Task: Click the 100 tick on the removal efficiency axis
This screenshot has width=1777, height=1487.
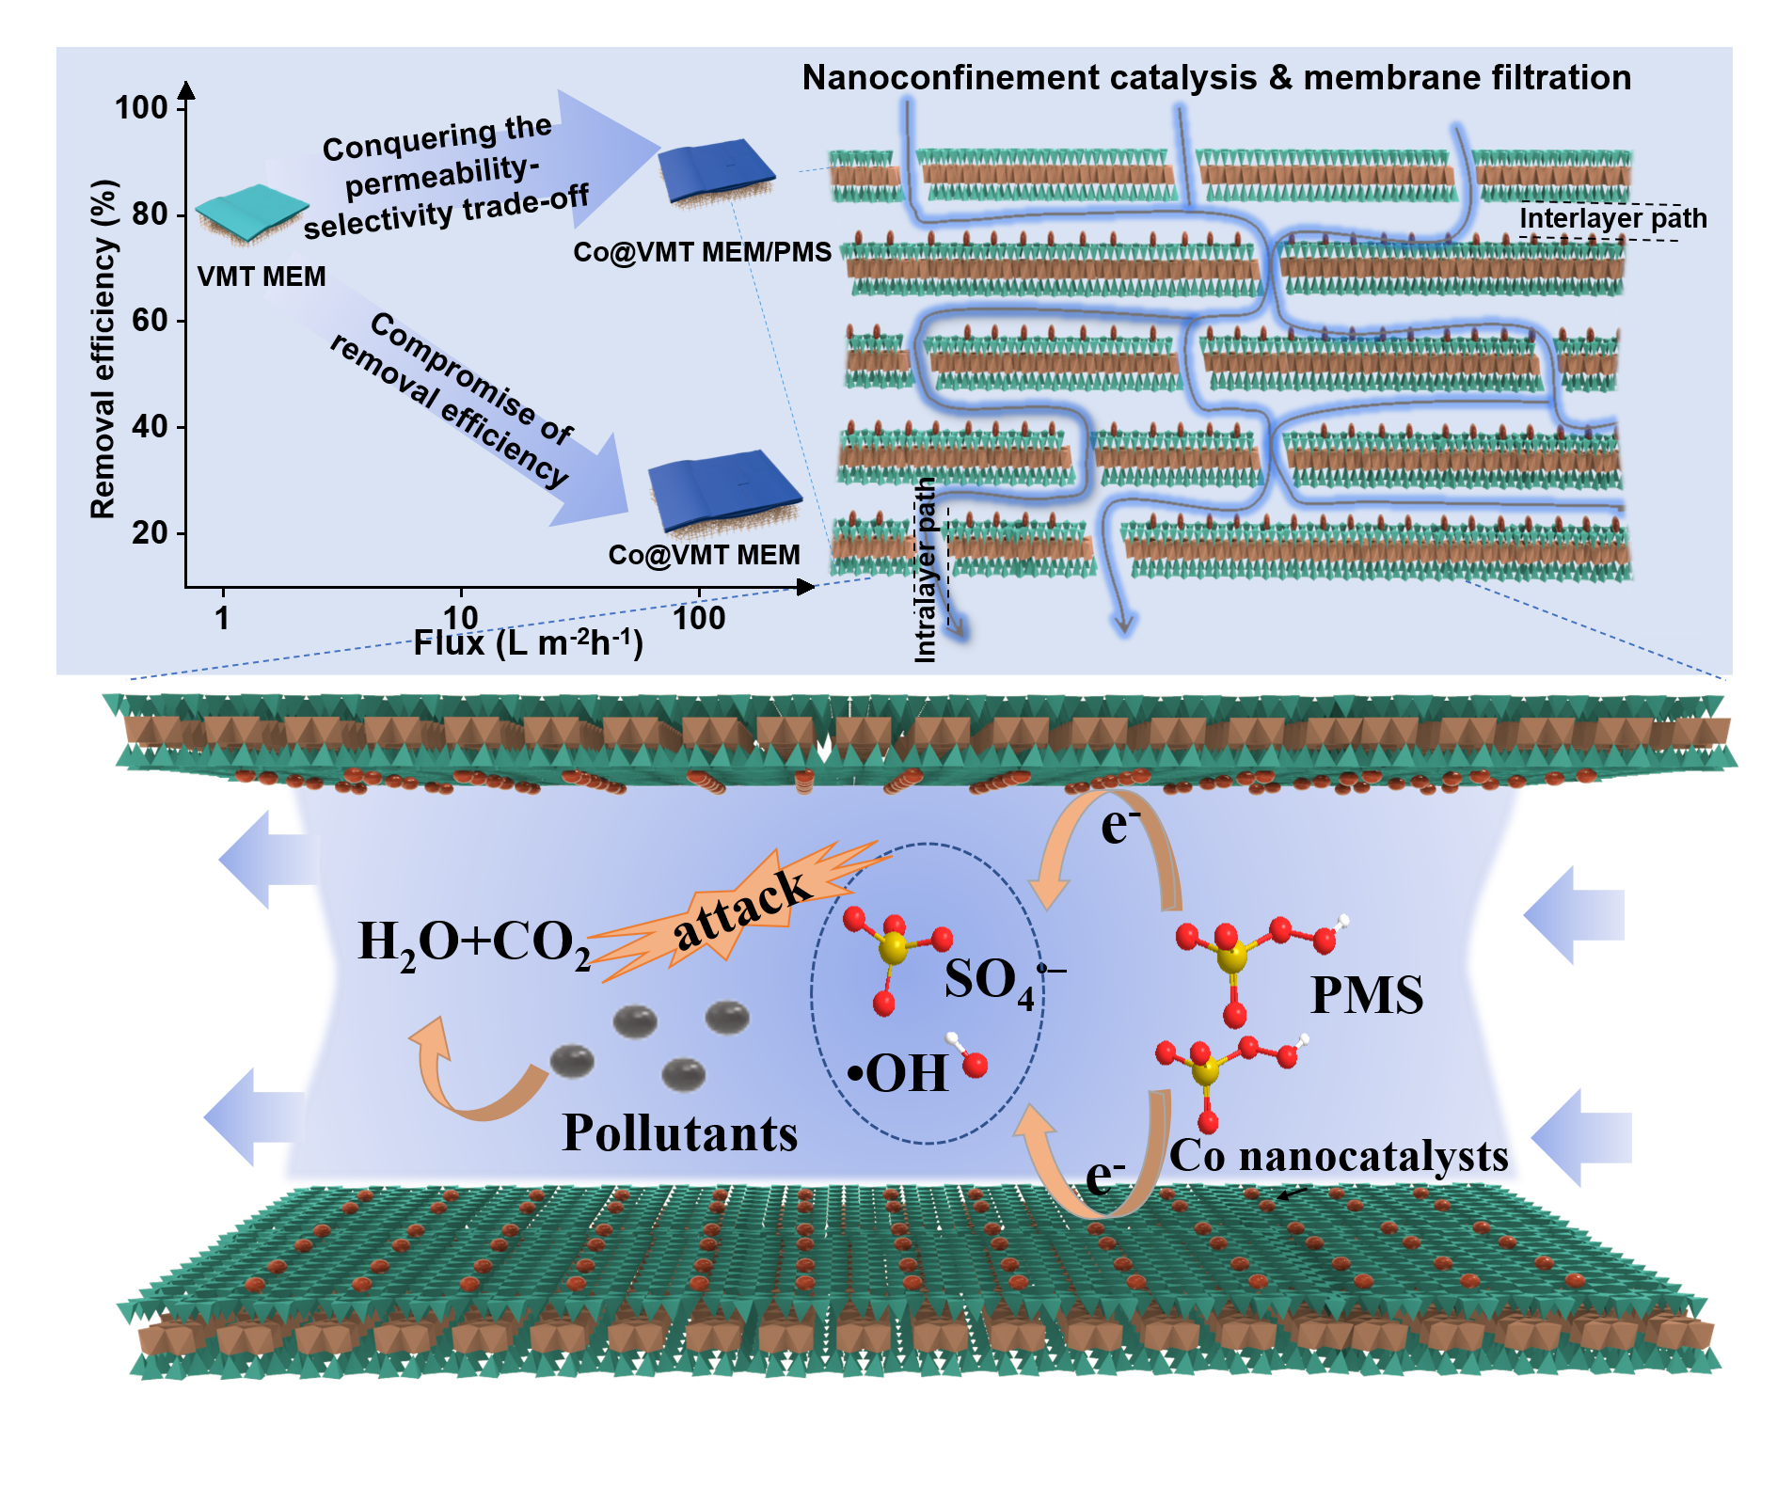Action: coord(141,108)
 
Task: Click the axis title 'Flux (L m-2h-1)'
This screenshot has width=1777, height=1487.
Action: coord(528,643)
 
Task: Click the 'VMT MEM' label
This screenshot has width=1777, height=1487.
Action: coord(262,277)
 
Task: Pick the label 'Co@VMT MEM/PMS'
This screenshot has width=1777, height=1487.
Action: coord(703,252)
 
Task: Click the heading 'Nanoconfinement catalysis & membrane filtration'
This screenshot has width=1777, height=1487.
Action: coord(1216,77)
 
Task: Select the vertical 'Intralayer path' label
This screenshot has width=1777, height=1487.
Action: coord(926,569)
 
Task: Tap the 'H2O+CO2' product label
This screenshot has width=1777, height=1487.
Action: coord(474,942)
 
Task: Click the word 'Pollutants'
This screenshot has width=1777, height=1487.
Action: coord(679,1133)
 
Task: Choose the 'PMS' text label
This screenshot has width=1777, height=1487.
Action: coord(1366,995)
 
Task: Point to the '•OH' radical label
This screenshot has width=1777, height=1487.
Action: coord(898,1073)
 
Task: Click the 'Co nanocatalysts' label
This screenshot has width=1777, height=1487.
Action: coord(1339,1156)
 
